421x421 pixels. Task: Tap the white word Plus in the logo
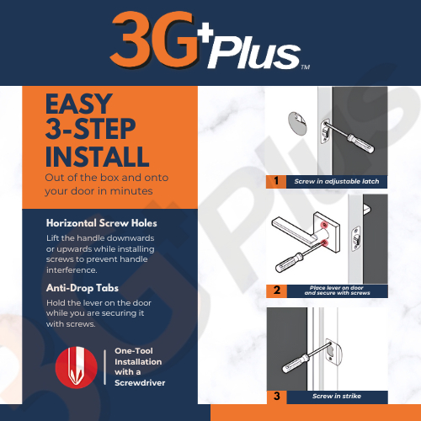tap(254, 53)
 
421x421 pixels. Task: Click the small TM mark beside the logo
tap(306, 67)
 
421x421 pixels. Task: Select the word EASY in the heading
tap(79, 104)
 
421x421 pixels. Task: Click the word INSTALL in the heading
tap(97, 157)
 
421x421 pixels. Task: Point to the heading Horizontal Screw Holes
tap(102, 223)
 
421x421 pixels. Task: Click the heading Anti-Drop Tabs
tap(83, 288)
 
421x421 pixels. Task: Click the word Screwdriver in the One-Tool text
tap(140, 383)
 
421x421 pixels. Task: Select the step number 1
tap(276, 181)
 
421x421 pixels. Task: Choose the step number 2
tap(277, 290)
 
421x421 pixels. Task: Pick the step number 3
tap(277, 396)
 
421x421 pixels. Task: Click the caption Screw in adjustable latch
tap(337, 181)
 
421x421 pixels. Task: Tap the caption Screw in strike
tap(337, 396)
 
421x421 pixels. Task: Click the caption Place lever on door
tap(337, 288)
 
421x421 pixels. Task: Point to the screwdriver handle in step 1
tap(361, 143)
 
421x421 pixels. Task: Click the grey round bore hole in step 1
tap(297, 124)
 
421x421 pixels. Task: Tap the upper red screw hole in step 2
tap(324, 225)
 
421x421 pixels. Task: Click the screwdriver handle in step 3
tap(296, 363)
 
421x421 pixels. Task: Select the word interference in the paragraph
tap(72, 270)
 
